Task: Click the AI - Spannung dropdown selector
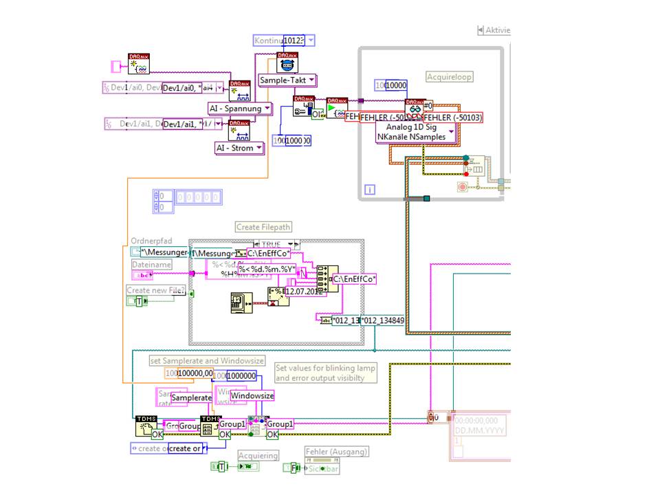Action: [x=236, y=109]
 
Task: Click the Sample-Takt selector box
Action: [x=287, y=80]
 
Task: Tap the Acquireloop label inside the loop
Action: [x=450, y=77]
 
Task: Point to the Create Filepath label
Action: [x=263, y=227]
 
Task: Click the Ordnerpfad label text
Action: [x=150, y=241]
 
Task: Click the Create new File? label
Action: [x=156, y=290]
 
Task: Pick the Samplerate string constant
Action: [x=191, y=398]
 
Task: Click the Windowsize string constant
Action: [x=252, y=396]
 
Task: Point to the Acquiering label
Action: [x=258, y=455]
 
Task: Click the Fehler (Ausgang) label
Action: [x=337, y=452]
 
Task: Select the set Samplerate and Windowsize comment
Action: [x=207, y=360]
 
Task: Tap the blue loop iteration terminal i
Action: [x=369, y=189]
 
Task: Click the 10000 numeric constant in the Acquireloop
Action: [x=396, y=85]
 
